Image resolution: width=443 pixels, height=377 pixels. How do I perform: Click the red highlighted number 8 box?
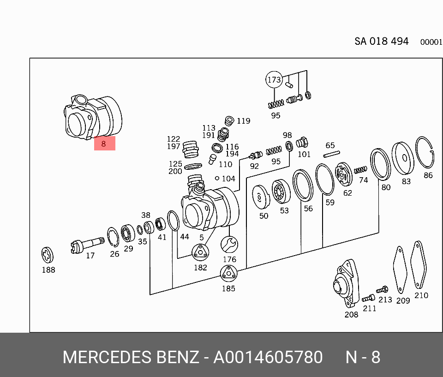[104, 144]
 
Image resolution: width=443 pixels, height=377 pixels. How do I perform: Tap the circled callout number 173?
[274, 80]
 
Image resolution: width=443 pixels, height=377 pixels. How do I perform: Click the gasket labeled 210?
[419, 265]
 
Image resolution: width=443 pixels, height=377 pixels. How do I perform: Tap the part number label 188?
[48, 270]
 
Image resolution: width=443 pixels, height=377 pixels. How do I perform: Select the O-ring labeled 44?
[173, 221]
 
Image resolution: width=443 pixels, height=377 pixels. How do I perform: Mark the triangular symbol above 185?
[228, 274]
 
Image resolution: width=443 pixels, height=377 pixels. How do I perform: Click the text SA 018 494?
[381, 41]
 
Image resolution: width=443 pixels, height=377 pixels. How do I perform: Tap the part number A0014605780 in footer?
[268, 357]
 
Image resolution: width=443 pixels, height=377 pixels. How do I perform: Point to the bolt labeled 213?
[382, 290]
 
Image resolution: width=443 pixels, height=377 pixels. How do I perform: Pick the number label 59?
[330, 202]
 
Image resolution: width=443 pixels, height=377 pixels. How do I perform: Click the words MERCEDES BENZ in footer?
[131, 357]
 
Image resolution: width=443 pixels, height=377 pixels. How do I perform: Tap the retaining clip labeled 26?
[113, 237]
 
